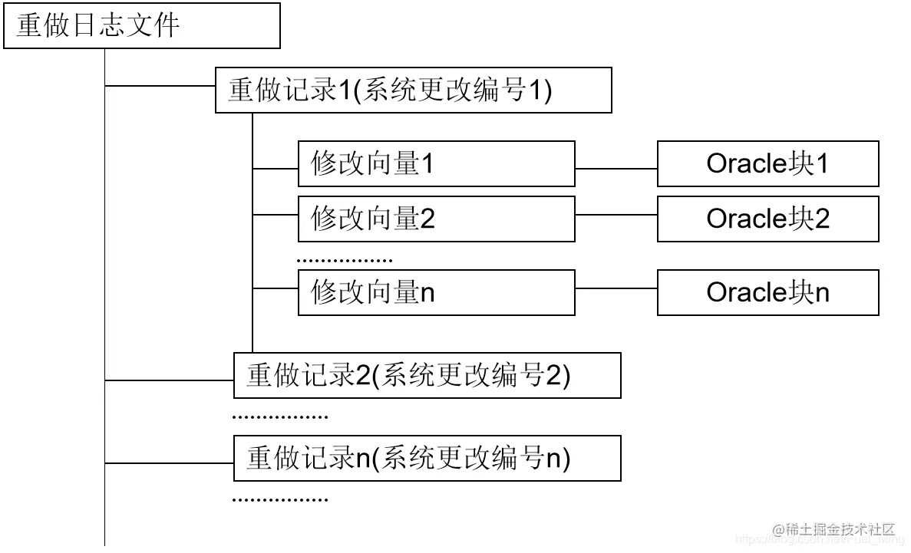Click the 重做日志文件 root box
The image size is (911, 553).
[x=142, y=27]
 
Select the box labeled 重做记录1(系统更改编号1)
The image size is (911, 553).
[x=413, y=91]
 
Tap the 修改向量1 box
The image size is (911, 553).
[x=436, y=163]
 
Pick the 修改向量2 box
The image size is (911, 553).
[x=436, y=219]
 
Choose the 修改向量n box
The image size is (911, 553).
[x=436, y=292]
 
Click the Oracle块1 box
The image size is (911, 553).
[x=767, y=163]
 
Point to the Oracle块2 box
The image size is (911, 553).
[x=767, y=219]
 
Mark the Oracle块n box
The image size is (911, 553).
[x=767, y=292]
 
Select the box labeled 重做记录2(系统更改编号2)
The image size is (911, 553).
[x=427, y=375]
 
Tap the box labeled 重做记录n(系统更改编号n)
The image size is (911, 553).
[x=427, y=459]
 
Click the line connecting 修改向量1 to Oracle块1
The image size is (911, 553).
[x=616, y=168]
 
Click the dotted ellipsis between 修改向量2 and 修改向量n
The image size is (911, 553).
[x=345, y=261]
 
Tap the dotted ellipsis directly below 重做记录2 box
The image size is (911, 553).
[x=280, y=418]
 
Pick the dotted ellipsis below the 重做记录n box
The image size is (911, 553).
[x=280, y=500]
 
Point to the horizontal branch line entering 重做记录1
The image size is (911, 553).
[x=160, y=86]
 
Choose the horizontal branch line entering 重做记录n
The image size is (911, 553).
[x=169, y=463]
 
